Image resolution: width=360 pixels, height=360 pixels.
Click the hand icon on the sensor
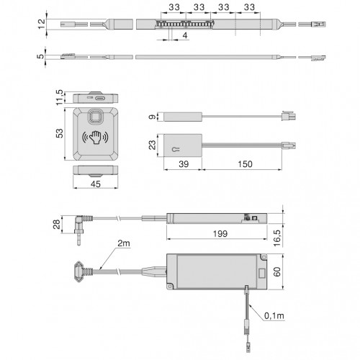95,137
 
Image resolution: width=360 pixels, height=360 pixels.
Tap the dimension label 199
220,233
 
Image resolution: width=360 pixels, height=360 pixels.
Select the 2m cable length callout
124,243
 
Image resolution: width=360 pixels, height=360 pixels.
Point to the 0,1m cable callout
274,316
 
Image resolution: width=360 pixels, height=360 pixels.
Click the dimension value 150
245,164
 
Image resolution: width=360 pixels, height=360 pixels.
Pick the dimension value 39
184,164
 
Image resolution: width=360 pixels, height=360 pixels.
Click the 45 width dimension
96,184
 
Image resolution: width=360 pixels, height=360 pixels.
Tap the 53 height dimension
60,133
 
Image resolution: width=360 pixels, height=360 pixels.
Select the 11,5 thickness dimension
60,97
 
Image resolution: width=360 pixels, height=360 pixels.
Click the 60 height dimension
277,272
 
